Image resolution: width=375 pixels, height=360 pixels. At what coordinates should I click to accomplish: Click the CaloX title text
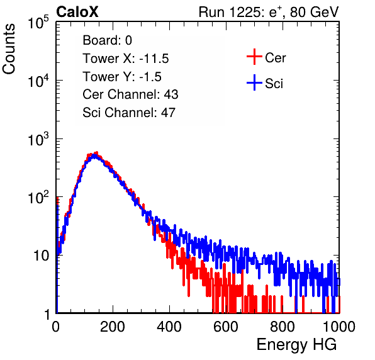click(x=77, y=12)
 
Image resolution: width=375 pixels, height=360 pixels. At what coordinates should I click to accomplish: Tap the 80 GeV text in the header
click(x=314, y=12)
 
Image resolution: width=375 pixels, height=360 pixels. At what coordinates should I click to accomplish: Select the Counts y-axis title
click(x=9, y=49)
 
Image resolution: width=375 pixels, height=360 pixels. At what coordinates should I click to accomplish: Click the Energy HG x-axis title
click(x=296, y=345)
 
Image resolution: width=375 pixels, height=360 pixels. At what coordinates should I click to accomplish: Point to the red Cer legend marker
click(x=254, y=57)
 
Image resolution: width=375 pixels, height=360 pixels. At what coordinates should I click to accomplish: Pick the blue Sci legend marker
click(x=254, y=82)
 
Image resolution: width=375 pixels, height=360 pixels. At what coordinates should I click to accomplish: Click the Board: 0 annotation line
click(x=107, y=40)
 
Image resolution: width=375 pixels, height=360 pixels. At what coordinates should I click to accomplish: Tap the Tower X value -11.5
click(x=154, y=59)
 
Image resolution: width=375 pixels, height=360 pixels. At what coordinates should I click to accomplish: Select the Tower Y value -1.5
click(x=150, y=77)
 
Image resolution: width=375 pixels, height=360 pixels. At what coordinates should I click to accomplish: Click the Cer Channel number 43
click(x=171, y=94)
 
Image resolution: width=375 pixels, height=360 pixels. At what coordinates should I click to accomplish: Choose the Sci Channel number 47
click(x=168, y=113)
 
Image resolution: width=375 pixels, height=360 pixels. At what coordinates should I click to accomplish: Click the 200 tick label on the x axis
click(x=113, y=327)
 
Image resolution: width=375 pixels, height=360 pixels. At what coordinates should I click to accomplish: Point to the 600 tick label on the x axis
click(x=226, y=327)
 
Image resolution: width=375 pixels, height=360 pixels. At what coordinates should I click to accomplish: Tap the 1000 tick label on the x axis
click(x=339, y=327)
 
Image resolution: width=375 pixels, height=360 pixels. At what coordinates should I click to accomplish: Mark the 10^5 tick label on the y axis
click(x=38, y=22)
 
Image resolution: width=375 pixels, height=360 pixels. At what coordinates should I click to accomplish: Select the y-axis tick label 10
click(x=41, y=256)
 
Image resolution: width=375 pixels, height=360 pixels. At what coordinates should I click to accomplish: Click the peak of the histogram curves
click(x=95, y=154)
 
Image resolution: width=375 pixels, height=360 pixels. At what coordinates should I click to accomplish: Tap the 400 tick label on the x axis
click(x=169, y=327)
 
